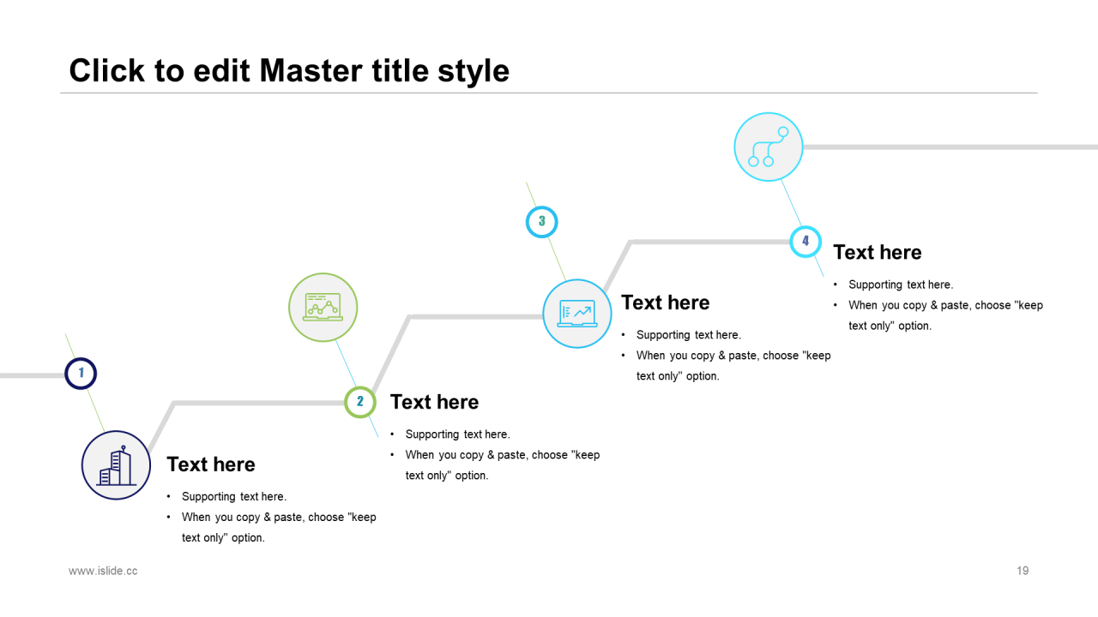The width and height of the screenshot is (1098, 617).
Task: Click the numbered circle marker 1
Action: pyautogui.click(x=81, y=374)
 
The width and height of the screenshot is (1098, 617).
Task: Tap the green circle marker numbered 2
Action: pyautogui.click(x=360, y=402)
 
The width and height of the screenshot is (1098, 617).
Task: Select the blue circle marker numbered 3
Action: pyautogui.click(x=541, y=222)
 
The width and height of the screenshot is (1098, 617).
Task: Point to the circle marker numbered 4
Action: pyautogui.click(x=805, y=242)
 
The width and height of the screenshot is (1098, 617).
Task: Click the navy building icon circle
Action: pyautogui.click(x=116, y=465)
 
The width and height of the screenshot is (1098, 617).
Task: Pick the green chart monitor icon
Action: pyautogui.click(x=323, y=308)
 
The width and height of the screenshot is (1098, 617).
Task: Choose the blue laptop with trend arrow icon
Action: pyautogui.click(x=577, y=314)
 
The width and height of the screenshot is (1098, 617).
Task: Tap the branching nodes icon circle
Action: pyautogui.click(x=769, y=147)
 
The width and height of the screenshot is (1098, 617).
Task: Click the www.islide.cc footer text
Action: pyautogui.click(x=103, y=571)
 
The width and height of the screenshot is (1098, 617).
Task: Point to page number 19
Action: pyautogui.click(x=1023, y=571)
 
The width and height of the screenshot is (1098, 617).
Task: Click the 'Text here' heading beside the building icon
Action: pyautogui.click(x=211, y=464)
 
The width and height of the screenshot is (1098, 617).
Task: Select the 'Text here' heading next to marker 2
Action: pyautogui.click(x=434, y=402)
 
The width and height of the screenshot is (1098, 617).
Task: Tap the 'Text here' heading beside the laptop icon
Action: pyautogui.click(x=665, y=303)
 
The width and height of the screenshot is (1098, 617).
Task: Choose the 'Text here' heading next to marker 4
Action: pyautogui.click(x=878, y=252)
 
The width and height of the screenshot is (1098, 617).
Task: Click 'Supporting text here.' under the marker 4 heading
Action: pyautogui.click(x=901, y=285)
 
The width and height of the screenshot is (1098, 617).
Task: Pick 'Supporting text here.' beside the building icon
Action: pyautogui.click(x=234, y=496)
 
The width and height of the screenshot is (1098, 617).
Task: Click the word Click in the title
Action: pyautogui.click(x=107, y=70)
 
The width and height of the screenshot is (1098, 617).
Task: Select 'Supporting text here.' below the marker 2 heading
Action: pyautogui.click(x=458, y=434)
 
